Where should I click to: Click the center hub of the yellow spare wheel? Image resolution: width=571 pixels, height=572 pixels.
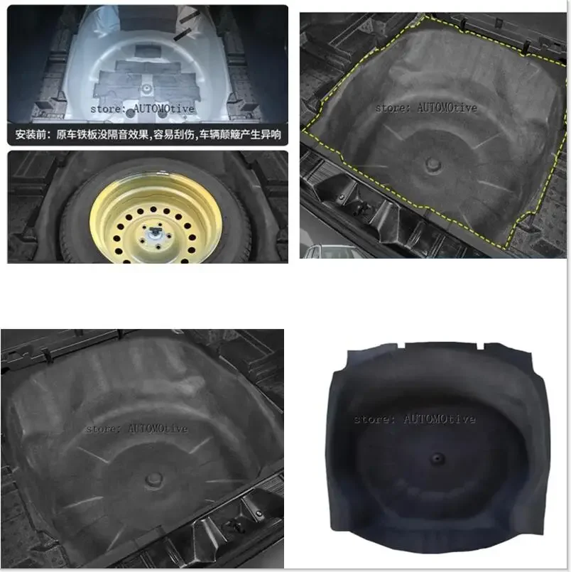pyautogui.click(x=153, y=233)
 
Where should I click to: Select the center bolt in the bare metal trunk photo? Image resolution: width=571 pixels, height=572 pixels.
pyautogui.click(x=146, y=87)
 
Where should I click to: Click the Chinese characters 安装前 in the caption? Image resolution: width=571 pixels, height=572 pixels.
pyautogui.click(x=34, y=134)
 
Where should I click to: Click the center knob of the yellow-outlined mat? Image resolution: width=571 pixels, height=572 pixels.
pyautogui.click(x=433, y=165)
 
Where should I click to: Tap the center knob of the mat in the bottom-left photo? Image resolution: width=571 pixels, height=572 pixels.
pyautogui.click(x=156, y=481)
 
